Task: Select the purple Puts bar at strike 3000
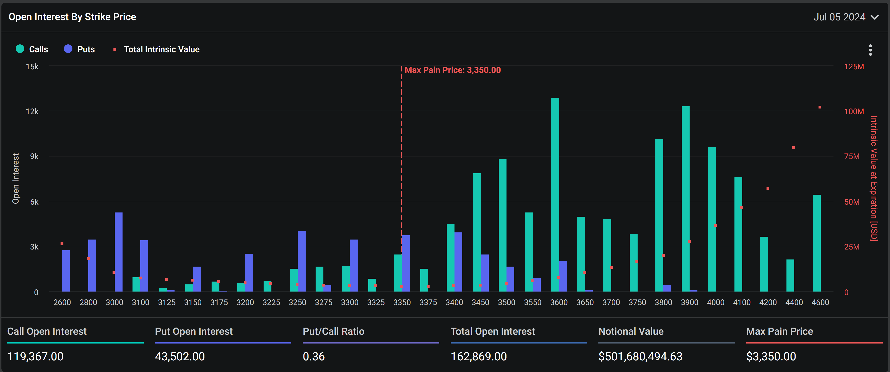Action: (118, 252)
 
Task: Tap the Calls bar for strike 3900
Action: (686, 199)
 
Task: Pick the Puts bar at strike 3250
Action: (302, 261)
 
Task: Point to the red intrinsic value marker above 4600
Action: (820, 107)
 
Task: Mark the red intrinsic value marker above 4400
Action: (794, 148)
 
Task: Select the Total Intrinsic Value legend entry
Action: (157, 49)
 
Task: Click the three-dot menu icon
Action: (870, 50)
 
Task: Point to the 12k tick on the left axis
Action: (32, 111)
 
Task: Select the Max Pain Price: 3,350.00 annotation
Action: (453, 70)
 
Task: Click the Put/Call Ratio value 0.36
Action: (314, 357)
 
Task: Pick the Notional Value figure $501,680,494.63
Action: (640, 357)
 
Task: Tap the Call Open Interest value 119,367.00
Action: (35, 357)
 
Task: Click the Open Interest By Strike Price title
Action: (72, 17)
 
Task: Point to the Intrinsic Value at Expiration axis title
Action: (874, 179)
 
